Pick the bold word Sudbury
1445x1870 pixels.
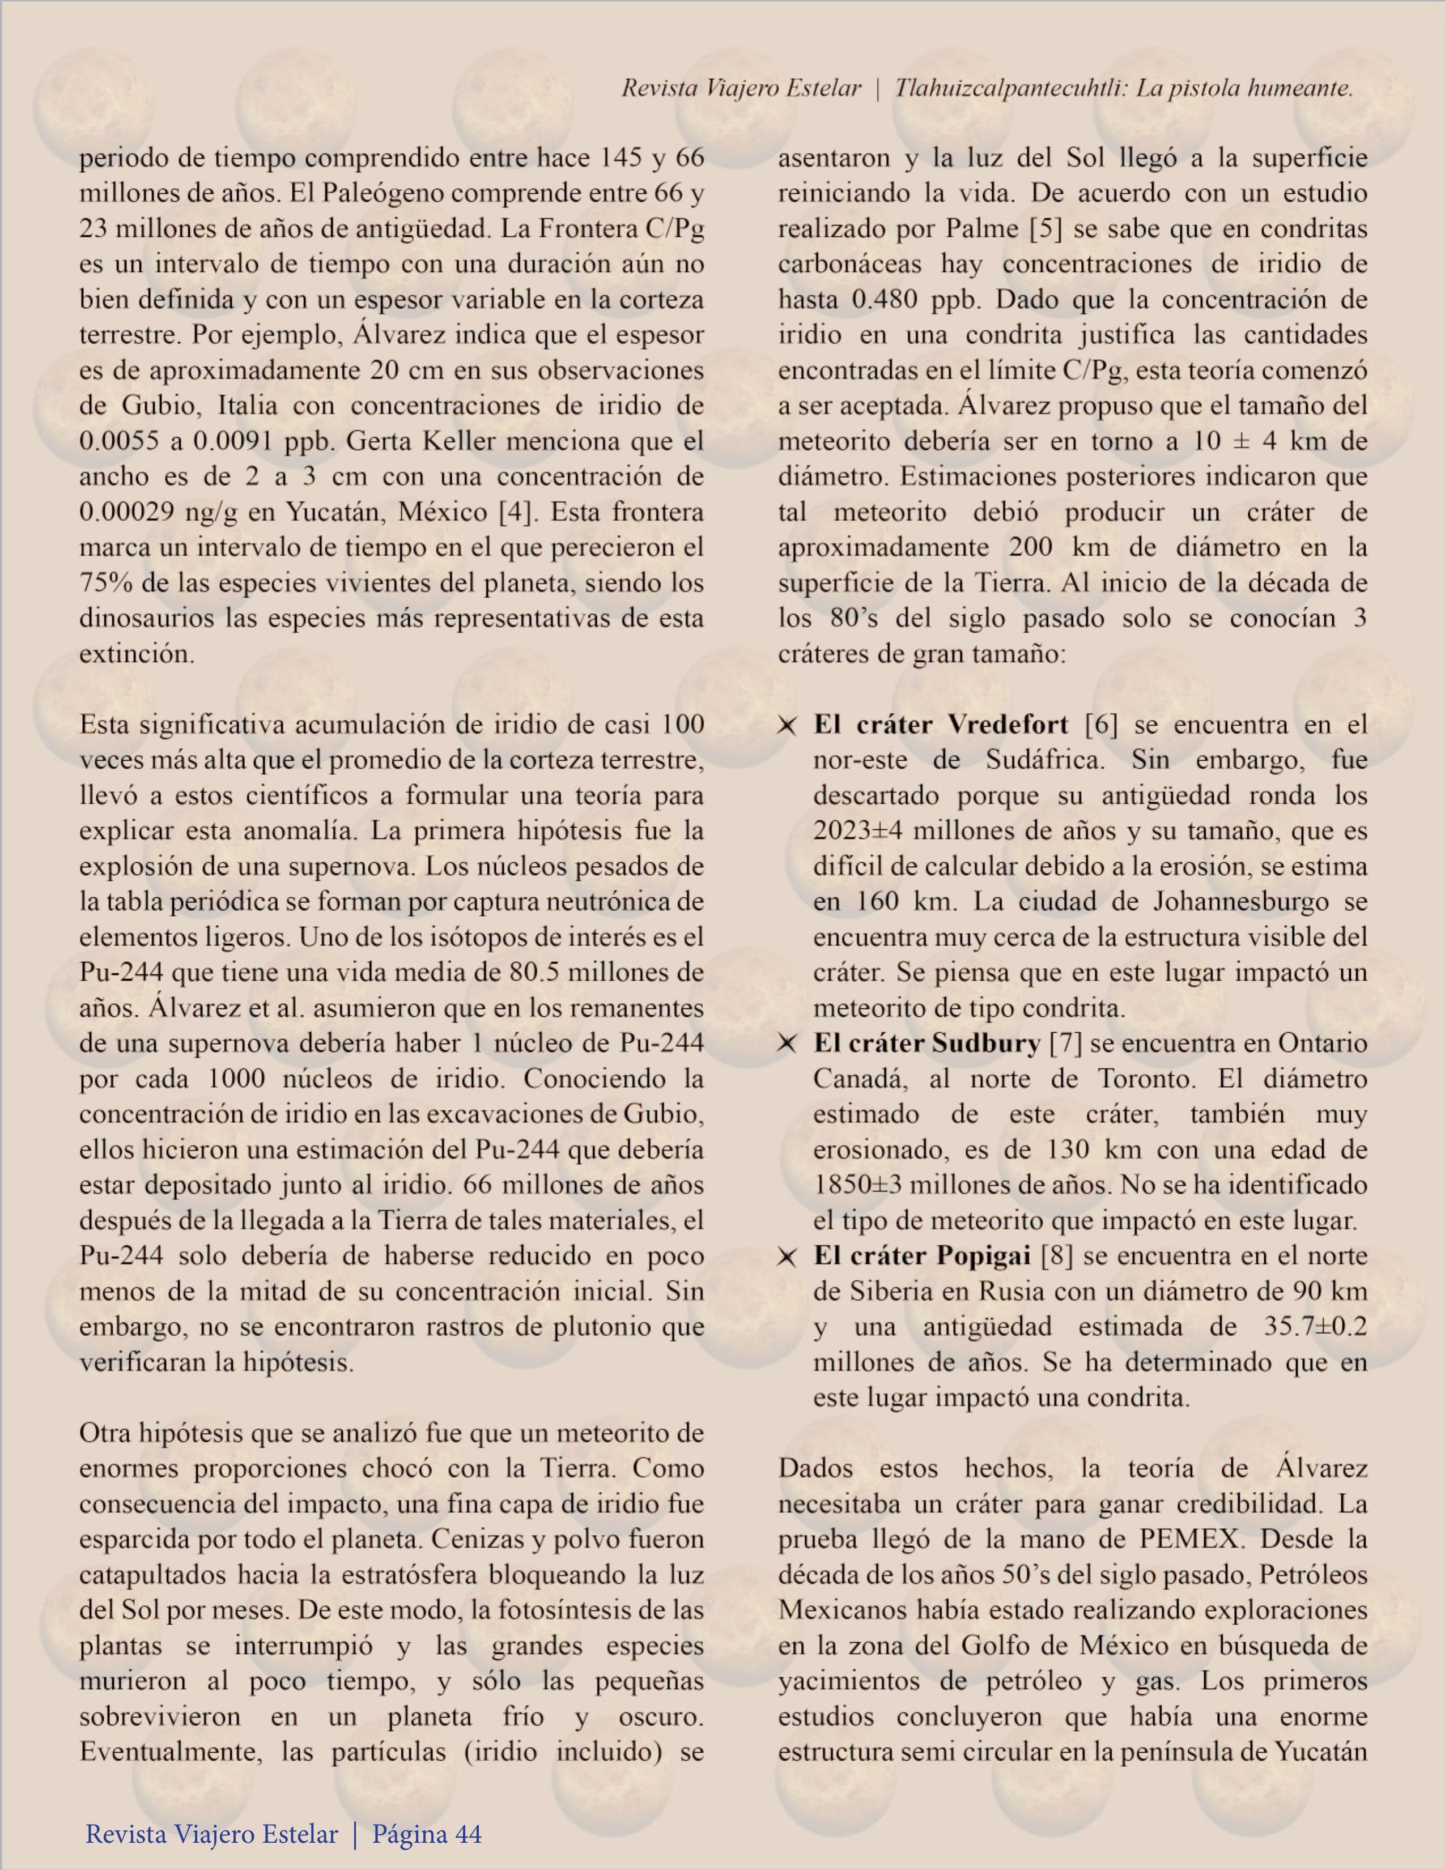986,1043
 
